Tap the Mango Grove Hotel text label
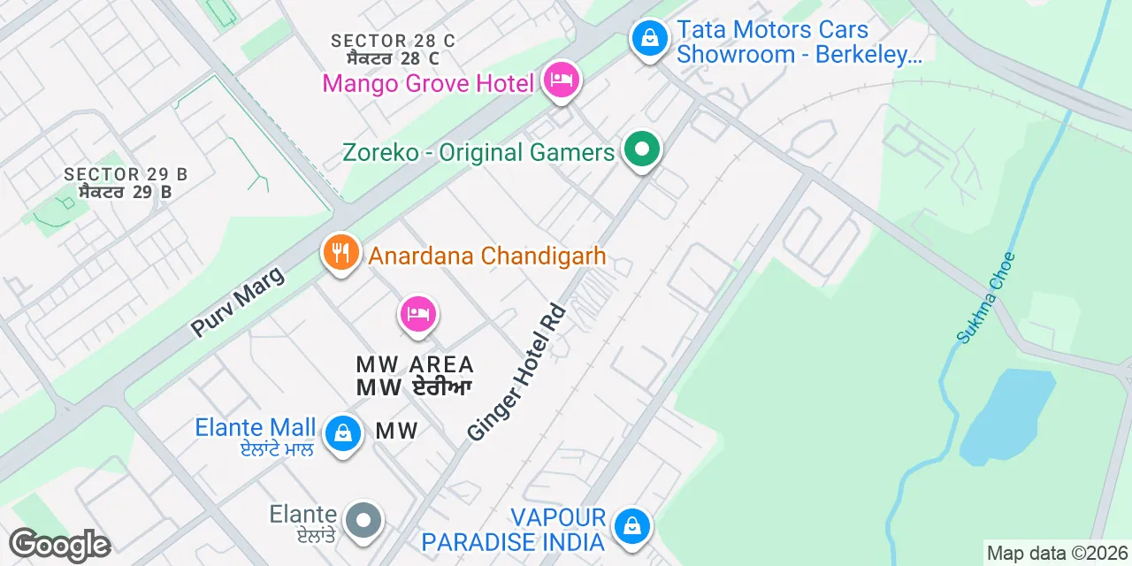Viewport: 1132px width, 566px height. click(x=429, y=84)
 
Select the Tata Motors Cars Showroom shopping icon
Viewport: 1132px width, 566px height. click(x=650, y=40)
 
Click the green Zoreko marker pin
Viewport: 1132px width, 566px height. click(x=642, y=150)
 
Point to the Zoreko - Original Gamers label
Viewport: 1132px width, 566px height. click(x=478, y=152)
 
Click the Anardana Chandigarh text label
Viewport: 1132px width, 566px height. click(x=487, y=256)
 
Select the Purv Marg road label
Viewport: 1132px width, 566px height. click(x=238, y=301)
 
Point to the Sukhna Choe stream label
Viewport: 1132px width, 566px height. click(x=986, y=298)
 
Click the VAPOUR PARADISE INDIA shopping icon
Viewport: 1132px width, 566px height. click(x=631, y=527)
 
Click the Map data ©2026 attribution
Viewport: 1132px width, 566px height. click(x=1057, y=554)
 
